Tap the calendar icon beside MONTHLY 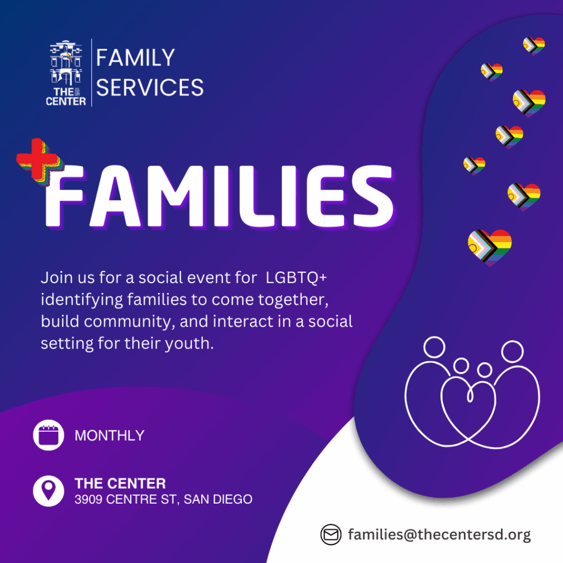(x=48, y=435)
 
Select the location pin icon (x=48, y=491)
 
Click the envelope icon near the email (x=330, y=534)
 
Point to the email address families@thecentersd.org (x=439, y=534)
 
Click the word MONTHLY (x=109, y=435)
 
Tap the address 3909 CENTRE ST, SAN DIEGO (x=163, y=499)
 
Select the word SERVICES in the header (x=150, y=87)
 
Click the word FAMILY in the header (x=135, y=57)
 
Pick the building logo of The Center (x=66, y=73)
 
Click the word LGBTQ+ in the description (x=296, y=278)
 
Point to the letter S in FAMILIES (x=373, y=196)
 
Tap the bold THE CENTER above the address (x=120, y=483)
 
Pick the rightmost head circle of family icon (x=512, y=351)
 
